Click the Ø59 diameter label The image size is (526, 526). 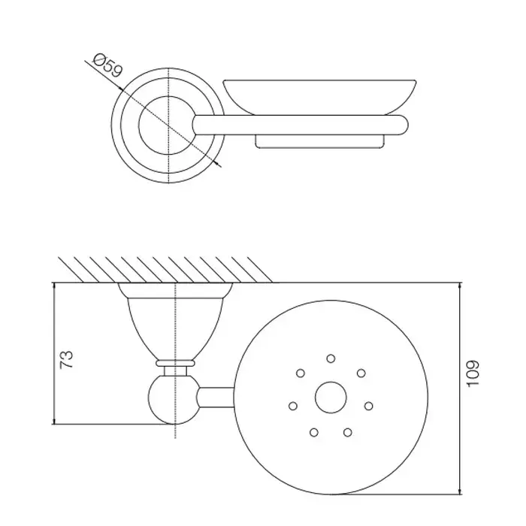108,65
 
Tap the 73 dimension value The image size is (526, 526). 66,360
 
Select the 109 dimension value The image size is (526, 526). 473,373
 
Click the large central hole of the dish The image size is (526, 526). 331,398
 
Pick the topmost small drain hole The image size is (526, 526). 331,358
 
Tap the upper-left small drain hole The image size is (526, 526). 301,373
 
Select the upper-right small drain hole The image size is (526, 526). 361,373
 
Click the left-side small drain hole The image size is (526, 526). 293,406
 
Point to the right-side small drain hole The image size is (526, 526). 369,406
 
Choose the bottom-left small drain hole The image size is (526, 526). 314,432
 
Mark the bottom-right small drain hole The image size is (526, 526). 348,432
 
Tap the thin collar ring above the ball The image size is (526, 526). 175,363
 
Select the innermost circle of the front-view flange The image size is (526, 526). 138,125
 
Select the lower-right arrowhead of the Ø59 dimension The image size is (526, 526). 218,163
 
